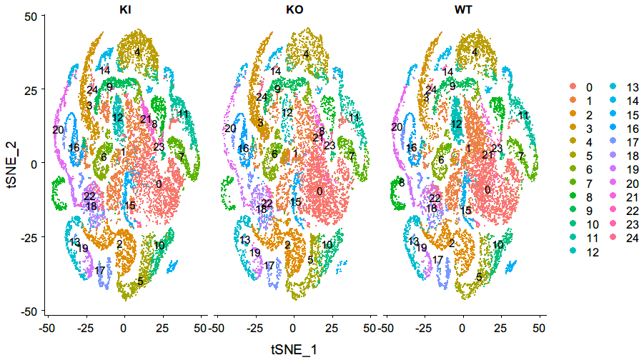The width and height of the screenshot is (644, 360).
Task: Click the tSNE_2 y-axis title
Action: (10, 163)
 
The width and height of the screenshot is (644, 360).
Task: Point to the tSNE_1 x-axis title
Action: (293, 349)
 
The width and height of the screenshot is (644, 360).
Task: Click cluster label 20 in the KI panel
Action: (59, 129)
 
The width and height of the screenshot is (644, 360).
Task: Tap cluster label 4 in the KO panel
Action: (306, 54)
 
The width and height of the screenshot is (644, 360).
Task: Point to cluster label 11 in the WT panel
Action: (524, 115)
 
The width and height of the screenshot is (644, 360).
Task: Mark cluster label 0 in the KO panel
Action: (319, 191)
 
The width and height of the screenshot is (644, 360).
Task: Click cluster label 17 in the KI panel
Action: (100, 270)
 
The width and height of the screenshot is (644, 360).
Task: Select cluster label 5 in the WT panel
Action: (478, 275)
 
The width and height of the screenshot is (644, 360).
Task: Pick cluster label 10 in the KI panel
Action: (159, 245)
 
